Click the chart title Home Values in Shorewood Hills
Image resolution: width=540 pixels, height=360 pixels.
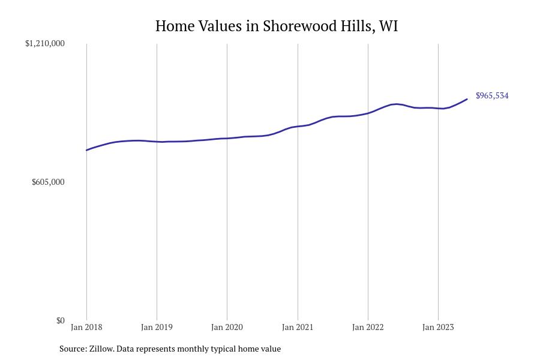[277, 26]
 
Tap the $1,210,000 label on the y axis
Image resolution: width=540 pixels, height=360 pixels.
[45, 43]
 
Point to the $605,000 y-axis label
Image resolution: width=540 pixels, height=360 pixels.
[48, 182]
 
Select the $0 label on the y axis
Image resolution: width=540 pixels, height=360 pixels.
[60, 320]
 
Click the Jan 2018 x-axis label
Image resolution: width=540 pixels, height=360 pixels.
[86, 327]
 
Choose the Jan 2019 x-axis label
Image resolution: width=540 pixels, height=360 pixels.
[157, 327]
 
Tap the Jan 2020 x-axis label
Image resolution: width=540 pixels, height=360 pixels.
[227, 327]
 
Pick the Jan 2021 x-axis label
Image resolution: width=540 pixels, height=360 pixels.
[298, 327]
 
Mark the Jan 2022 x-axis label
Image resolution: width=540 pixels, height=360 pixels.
[368, 327]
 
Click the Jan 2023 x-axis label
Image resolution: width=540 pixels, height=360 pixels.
[438, 327]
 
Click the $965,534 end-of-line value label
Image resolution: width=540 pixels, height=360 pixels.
[492, 95]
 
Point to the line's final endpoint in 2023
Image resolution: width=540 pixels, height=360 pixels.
[467, 99]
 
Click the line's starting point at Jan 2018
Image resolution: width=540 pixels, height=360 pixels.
[86, 150]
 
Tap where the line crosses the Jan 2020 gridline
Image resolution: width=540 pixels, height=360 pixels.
[227, 138]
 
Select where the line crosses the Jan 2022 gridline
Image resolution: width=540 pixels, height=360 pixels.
[368, 113]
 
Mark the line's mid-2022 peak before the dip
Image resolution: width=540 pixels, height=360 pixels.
[396, 104]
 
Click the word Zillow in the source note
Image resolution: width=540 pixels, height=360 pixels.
[101, 349]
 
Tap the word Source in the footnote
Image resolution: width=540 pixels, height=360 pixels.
[73, 349]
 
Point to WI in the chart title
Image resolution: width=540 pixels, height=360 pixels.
[388, 26]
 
